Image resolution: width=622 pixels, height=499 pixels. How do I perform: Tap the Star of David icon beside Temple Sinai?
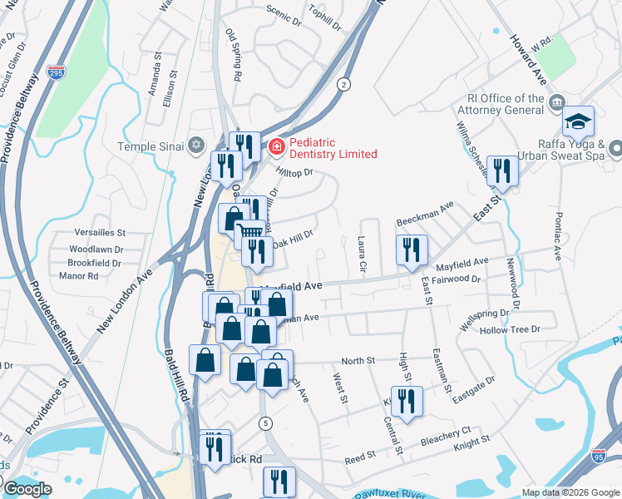196,146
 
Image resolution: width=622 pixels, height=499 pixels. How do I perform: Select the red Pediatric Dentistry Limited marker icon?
275,147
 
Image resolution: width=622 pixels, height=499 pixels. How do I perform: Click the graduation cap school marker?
578,122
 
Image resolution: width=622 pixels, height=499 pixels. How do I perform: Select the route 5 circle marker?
264,423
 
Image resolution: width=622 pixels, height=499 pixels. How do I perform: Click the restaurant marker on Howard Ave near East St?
501,170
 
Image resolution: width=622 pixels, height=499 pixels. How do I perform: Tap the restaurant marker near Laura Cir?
412,249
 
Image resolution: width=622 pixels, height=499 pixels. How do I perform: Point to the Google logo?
27,489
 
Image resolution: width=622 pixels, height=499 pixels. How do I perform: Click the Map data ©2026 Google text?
570,492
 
